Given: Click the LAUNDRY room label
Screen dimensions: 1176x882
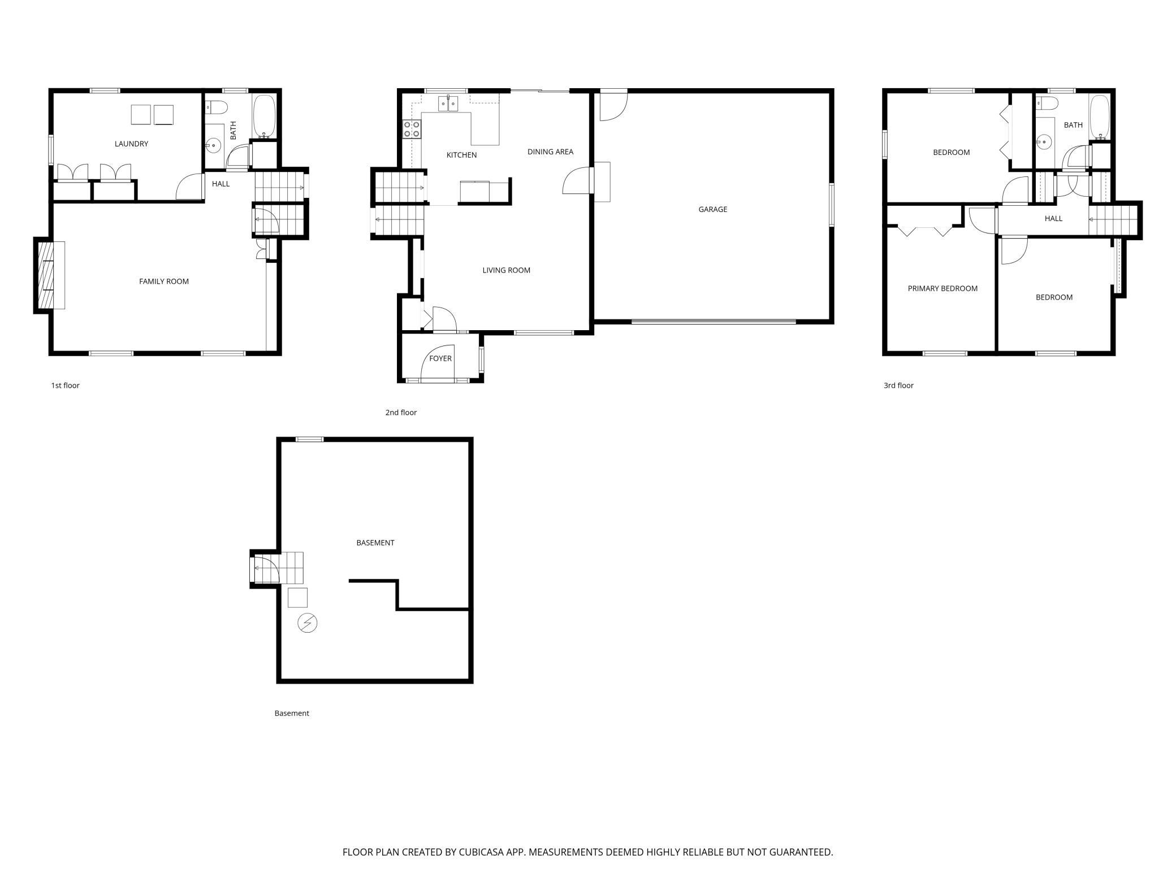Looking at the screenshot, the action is [131, 144].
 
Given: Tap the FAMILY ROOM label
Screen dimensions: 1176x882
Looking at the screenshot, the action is [164, 282].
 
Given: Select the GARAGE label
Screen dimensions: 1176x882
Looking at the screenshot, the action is [712, 210].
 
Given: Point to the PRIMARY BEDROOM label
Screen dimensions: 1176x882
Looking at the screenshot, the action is [942, 289].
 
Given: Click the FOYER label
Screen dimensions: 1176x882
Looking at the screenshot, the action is [440, 358].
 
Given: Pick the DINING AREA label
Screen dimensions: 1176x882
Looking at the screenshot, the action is [550, 152].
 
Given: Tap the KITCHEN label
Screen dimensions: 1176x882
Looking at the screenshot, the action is [461, 155].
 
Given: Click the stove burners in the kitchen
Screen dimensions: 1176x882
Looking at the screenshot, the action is [412, 129].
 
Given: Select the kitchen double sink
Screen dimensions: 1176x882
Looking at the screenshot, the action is [448, 104].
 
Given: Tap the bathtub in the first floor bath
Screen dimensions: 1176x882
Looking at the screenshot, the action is [264, 117].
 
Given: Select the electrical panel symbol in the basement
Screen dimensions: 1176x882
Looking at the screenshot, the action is [308, 623].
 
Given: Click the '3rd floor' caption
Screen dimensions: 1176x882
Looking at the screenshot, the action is [898, 386].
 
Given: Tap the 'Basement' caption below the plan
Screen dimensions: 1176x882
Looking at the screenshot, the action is [292, 714].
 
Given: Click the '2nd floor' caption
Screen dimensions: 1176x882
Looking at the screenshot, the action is [401, 413].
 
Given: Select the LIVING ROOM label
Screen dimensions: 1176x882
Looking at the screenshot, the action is [506, 271].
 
